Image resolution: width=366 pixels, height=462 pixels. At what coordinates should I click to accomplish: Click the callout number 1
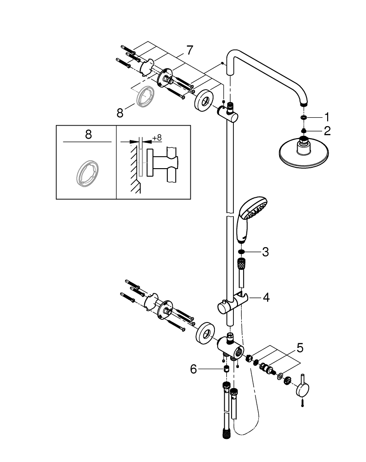tap(327, 117)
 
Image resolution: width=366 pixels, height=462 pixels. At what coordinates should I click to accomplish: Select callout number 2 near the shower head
tap(327, 131)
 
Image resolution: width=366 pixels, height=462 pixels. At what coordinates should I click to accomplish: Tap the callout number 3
tap(266, 252)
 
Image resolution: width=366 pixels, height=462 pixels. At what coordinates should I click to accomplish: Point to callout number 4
tap(266, 298)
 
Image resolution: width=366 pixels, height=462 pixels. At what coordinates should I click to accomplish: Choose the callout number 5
tap(300, 348)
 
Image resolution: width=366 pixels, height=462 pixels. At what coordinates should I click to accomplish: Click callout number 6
tap(193, 369)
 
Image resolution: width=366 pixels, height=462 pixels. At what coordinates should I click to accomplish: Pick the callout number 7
tap(189, 50)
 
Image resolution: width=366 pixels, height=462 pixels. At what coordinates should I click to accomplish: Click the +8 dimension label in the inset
tap(157, 138)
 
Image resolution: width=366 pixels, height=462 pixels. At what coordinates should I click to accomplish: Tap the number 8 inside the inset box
tap(88, 134)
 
